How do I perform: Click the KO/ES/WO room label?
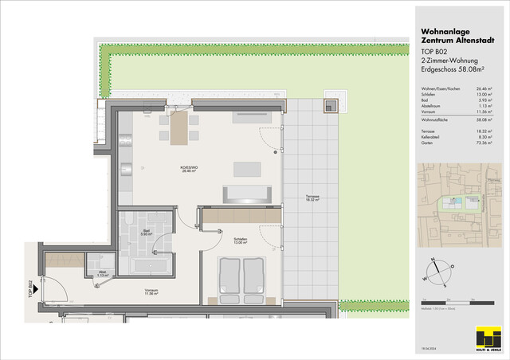(190, 168)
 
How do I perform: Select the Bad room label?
(146, 233)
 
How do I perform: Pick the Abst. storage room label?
(102, 275)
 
